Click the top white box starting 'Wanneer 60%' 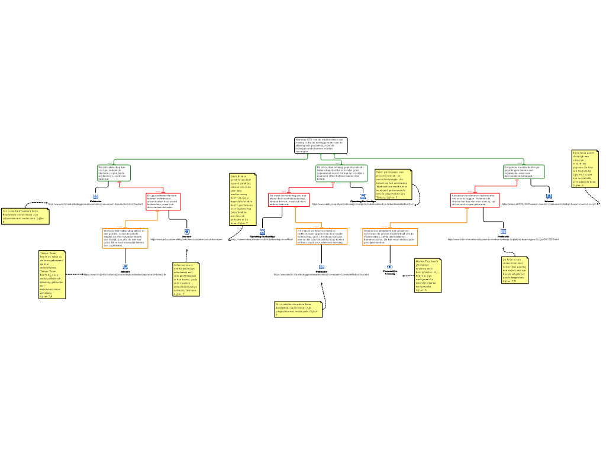321,145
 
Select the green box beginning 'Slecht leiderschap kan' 114,173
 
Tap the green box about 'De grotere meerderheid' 524,172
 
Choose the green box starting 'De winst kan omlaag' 341,173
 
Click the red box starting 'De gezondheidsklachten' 163,202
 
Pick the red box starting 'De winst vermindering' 289,200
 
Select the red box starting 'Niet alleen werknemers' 475,200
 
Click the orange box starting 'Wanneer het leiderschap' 125,238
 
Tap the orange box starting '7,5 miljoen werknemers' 322,236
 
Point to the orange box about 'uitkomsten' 390,236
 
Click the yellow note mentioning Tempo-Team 51,274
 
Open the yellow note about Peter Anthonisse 393,184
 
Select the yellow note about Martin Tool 428,275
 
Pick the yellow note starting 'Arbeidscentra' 186,279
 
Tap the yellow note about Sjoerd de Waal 243,199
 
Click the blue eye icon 390,267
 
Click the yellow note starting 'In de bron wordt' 585,168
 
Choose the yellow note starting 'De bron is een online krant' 514,270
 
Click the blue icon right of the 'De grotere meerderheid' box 549,196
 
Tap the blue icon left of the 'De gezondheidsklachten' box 95,196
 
